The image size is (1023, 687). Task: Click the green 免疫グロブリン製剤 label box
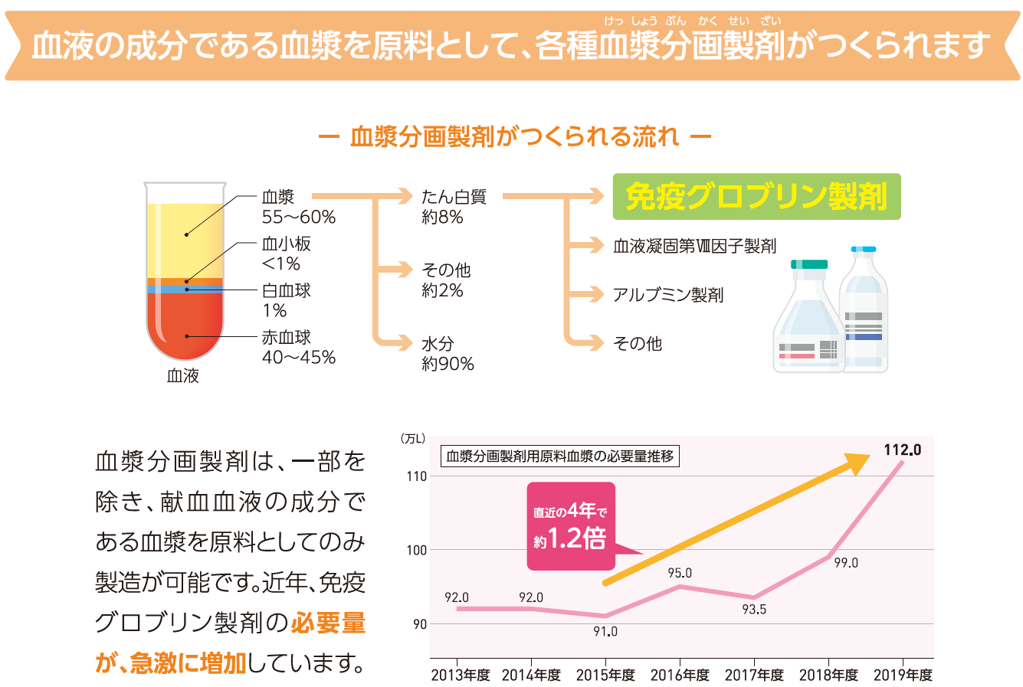756,197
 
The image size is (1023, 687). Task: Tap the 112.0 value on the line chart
902,450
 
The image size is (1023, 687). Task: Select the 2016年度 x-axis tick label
680,675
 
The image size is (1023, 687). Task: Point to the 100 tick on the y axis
417,550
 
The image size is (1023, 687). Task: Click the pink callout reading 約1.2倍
571,526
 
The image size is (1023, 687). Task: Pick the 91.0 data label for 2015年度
605,632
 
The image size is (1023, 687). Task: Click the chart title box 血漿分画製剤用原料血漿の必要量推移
559,456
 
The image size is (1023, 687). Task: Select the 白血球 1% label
286,300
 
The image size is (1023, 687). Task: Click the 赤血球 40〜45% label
298,347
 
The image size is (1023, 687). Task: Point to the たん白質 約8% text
453,207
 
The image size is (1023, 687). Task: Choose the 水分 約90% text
448,354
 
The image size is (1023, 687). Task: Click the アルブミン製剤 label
667,295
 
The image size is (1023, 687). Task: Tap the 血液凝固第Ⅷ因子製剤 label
694,246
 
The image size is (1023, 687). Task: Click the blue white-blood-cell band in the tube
184,290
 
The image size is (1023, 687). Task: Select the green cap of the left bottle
809,264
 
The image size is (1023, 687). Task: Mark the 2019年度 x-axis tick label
903,675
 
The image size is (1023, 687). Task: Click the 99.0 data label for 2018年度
846,563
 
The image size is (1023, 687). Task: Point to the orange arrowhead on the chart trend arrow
860,461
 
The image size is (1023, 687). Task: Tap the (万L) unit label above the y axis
412,438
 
